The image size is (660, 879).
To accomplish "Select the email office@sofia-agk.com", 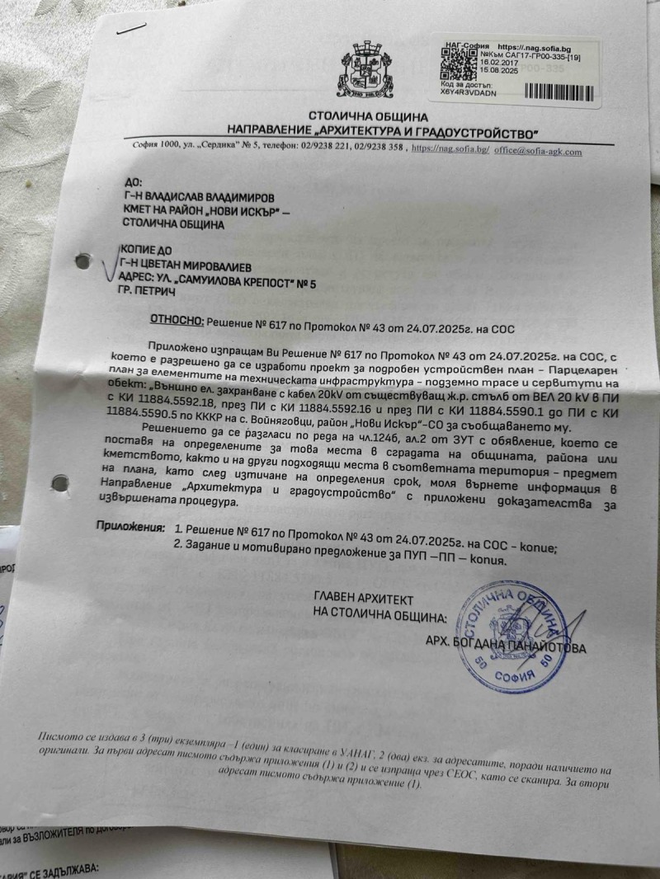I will click(538, 152).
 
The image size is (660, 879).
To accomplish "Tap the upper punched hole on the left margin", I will click(81, 261).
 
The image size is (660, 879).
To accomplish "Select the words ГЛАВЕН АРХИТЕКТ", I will click(364, 599).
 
